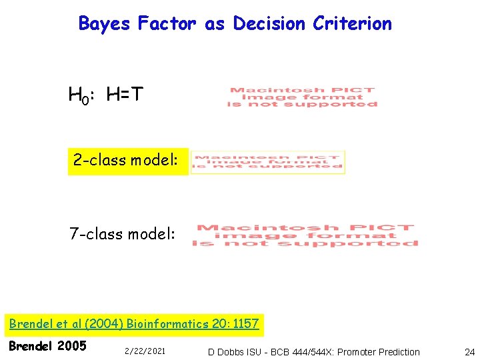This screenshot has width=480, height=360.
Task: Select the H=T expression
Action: coord(125,96)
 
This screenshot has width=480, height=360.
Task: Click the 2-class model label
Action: coord(126,161)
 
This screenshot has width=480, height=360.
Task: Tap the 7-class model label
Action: coord(123,234)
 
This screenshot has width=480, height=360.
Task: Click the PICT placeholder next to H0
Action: coord(303,97)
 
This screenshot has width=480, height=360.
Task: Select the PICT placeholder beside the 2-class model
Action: coord(267,161)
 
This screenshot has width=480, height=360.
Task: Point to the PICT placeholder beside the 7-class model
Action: coord(305,235)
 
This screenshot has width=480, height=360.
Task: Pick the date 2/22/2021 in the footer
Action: coord(145,351)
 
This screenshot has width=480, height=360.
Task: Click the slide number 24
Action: coord(469,351)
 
